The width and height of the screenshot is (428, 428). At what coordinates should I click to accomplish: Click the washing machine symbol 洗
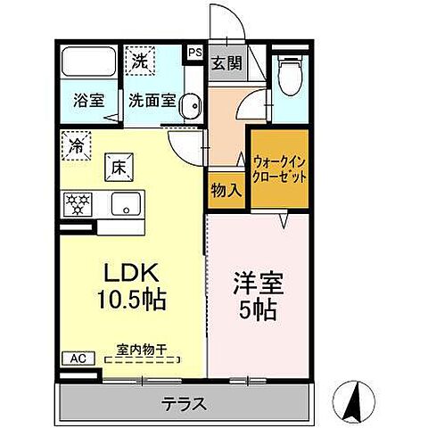click(x=140, y=62)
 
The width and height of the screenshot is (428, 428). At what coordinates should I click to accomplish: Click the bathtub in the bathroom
click(x=88, y=65)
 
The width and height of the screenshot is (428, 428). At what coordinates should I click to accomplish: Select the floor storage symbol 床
click(x=118, y=165)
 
